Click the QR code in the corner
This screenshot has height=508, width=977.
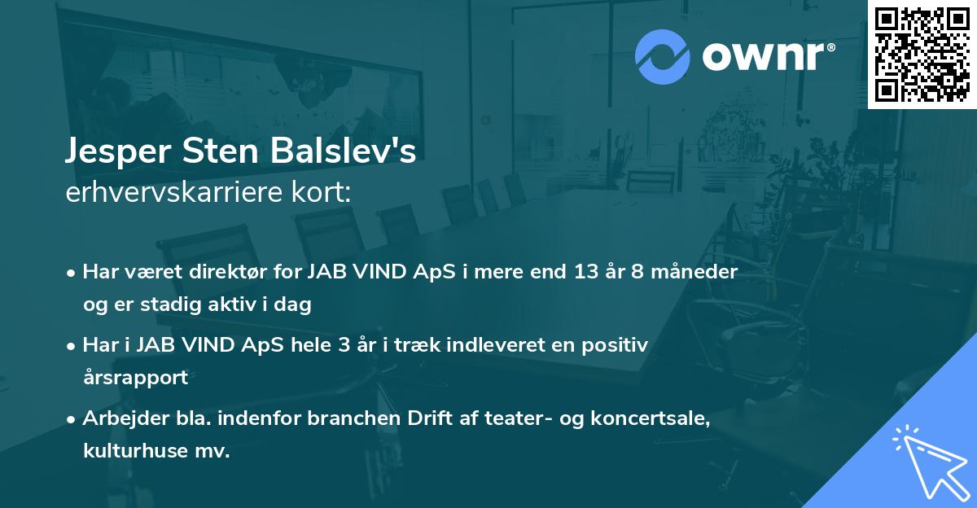click(x=922, y=55)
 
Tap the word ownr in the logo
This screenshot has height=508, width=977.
click(x=768, y=55)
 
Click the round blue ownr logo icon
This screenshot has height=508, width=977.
click(x=663, y=55)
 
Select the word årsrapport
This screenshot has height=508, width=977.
click(x=135, y=378)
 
